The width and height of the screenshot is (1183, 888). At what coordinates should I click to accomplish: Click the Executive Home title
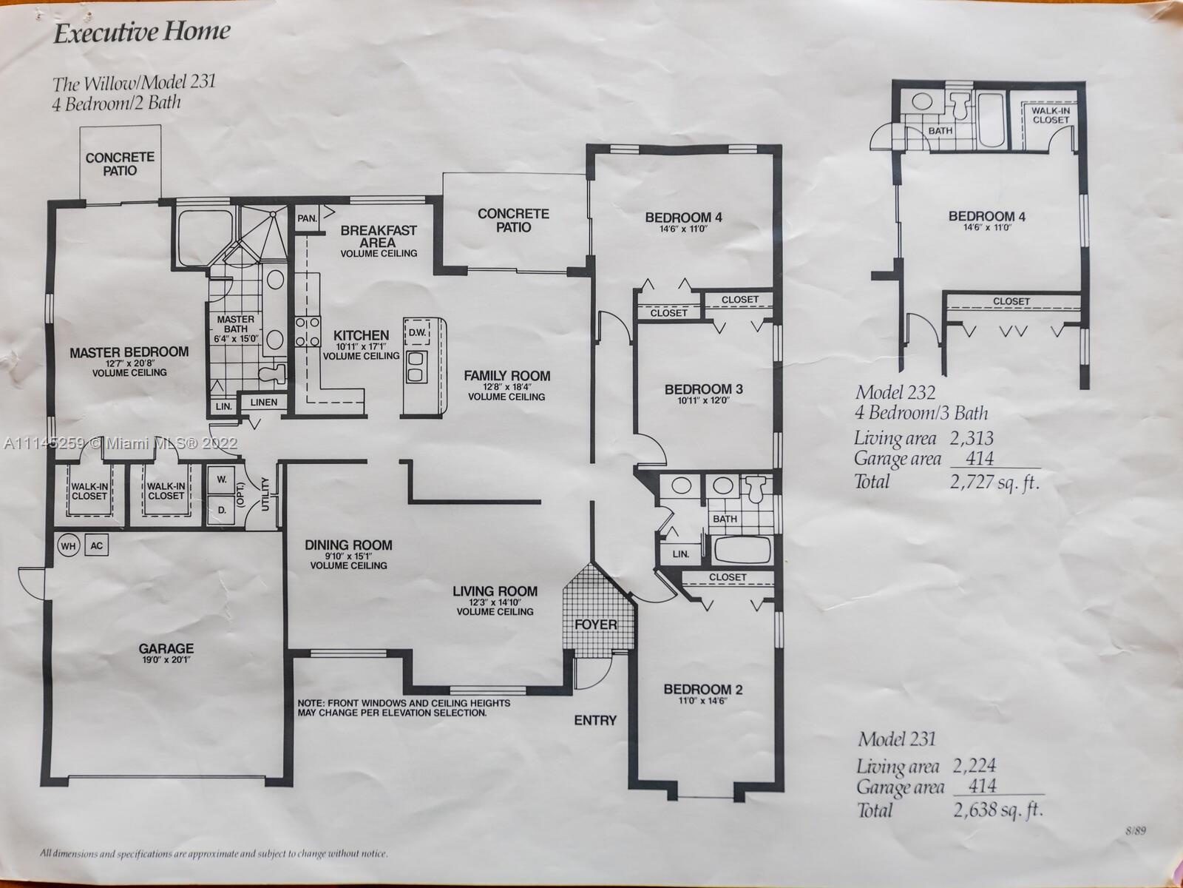[x=142, y=33]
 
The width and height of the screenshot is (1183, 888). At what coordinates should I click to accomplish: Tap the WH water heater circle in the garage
[x=69, y=545]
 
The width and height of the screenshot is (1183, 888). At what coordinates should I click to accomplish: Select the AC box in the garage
[x=96, y=545]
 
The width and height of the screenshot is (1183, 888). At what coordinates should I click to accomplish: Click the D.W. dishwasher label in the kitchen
[x=417, y=333]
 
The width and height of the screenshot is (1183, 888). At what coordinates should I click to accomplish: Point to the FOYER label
[x=595, y=625]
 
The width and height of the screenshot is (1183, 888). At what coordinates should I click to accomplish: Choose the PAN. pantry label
[x=307, y=218]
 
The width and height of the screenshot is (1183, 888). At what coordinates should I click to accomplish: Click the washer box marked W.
[x=222, y=480]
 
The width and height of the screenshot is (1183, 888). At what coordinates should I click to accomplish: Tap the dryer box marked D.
[x=222, y=510]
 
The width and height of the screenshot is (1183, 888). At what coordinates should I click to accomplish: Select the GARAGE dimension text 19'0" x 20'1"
[x=166, y=659]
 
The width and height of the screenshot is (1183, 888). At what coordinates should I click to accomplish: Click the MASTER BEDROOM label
[x=129, y=352]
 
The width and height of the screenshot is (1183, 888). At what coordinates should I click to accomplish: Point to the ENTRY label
[x=595, y=720]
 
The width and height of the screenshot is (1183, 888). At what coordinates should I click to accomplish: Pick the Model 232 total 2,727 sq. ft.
[x=994, y=482]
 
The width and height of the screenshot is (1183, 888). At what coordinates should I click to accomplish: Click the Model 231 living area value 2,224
[x=974, y=766]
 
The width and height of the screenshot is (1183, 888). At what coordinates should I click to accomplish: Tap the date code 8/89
[x=1136, y=831]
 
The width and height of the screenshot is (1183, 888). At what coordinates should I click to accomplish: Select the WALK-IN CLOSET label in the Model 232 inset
[x=1051, y=115]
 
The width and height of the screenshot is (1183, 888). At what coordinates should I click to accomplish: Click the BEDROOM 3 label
[x=704, y=388]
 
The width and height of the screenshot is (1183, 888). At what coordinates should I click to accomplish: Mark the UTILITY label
[x=265, y=494]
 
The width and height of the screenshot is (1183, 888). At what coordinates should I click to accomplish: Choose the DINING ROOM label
[x=349, y=545]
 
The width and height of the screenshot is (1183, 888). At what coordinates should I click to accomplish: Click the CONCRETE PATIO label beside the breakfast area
[x=514, y=221]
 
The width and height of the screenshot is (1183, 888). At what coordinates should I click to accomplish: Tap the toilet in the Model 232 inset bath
[x=960, y=106]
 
